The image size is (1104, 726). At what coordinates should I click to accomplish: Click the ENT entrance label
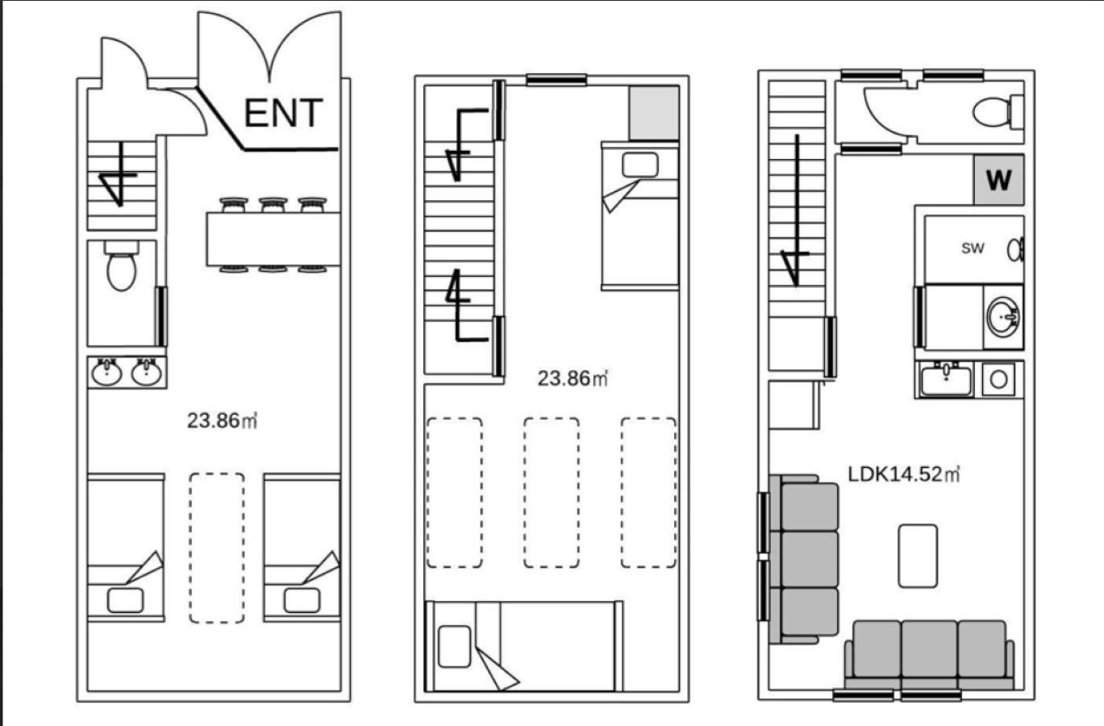pyautogui.click(x=283, y=113)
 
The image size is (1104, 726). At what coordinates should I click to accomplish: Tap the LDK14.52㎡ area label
pyautogui.click(x=903, y=474)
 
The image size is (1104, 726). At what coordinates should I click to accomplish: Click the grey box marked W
pyautogui.click(x=998, y=180)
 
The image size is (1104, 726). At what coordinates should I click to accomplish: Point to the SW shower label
pyautogui.click(x=973, y=248)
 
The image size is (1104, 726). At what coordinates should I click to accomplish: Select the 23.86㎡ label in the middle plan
pyautogui.click(x=573, y=378)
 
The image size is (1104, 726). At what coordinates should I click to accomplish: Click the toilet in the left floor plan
pyautogui.click(x=121, y=265)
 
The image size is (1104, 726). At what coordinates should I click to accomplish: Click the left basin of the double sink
pyautogui.click(x=107, y=372)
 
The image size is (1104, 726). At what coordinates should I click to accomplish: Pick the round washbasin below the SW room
pyautogui.click(x=1003, y=317)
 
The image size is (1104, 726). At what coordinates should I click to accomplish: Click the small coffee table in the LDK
pyautogui.click(x=918, y=556)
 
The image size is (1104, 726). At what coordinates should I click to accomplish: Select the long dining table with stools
pyautogui.click(x=273, y=239)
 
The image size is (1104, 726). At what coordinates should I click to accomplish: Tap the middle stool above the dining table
pyautogui.click(x=273, y=205)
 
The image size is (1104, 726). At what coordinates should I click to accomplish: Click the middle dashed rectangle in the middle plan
pyautogui.click(x=552, y=493)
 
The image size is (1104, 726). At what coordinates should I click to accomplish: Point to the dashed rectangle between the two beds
pyautogui.click(x=217, y=548)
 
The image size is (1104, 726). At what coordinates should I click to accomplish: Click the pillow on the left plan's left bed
pyautogui.click(x=126, y=601)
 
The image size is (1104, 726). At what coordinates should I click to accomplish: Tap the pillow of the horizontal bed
pyautogui.click(x=454, y=646)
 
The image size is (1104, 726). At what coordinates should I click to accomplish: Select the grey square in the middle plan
pyautogui.click(x=654, y=113)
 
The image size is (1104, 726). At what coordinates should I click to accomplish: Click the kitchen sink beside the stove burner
pyautogui.click(x=946, y=379)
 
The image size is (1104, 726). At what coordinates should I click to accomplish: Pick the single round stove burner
pyautogui.click(x=998, y=379)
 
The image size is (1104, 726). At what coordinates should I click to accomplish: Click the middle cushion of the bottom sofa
pyautogui.click(x=930, y=649)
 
